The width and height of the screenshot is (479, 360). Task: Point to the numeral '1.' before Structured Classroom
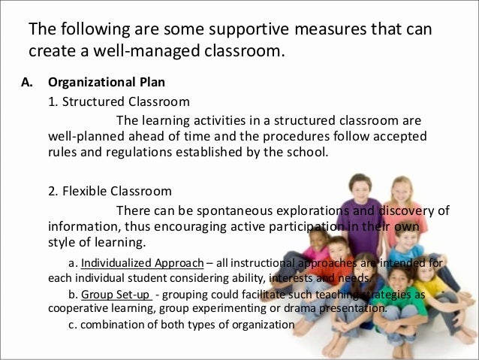click(x=53, y=101)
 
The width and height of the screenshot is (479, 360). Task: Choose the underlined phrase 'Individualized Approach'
click(x=142, y=263)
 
